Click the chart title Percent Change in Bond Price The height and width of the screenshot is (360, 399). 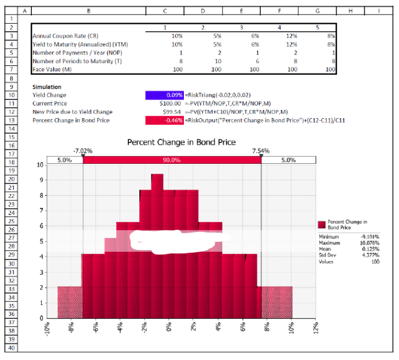click(x=181, y=142)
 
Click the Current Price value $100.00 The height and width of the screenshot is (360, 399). click(x=171, y=103)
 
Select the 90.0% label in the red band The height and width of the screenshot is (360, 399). click(x=172, y=160)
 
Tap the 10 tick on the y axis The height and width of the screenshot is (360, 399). click(x=40, y=165)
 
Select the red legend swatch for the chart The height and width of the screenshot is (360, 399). click(x=322, y=225)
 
